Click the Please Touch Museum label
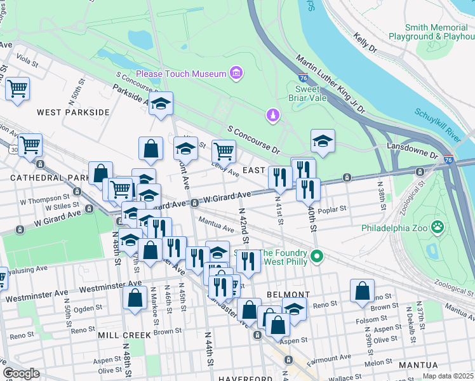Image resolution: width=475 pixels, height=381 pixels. (180, 74)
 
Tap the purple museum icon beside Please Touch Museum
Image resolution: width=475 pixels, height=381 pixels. (236, 74)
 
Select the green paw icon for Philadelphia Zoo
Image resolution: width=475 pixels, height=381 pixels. (437, 227)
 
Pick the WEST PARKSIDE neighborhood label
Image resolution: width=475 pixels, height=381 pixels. (73, 112)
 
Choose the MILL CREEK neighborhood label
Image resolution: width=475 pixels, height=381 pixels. (124, 335)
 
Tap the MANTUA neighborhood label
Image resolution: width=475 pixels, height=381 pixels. (418, 365)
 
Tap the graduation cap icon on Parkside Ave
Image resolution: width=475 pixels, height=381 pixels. (161, 103)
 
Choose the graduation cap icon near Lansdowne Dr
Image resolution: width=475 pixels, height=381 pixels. (323, 141)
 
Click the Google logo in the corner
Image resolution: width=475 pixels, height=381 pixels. (21, 373)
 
